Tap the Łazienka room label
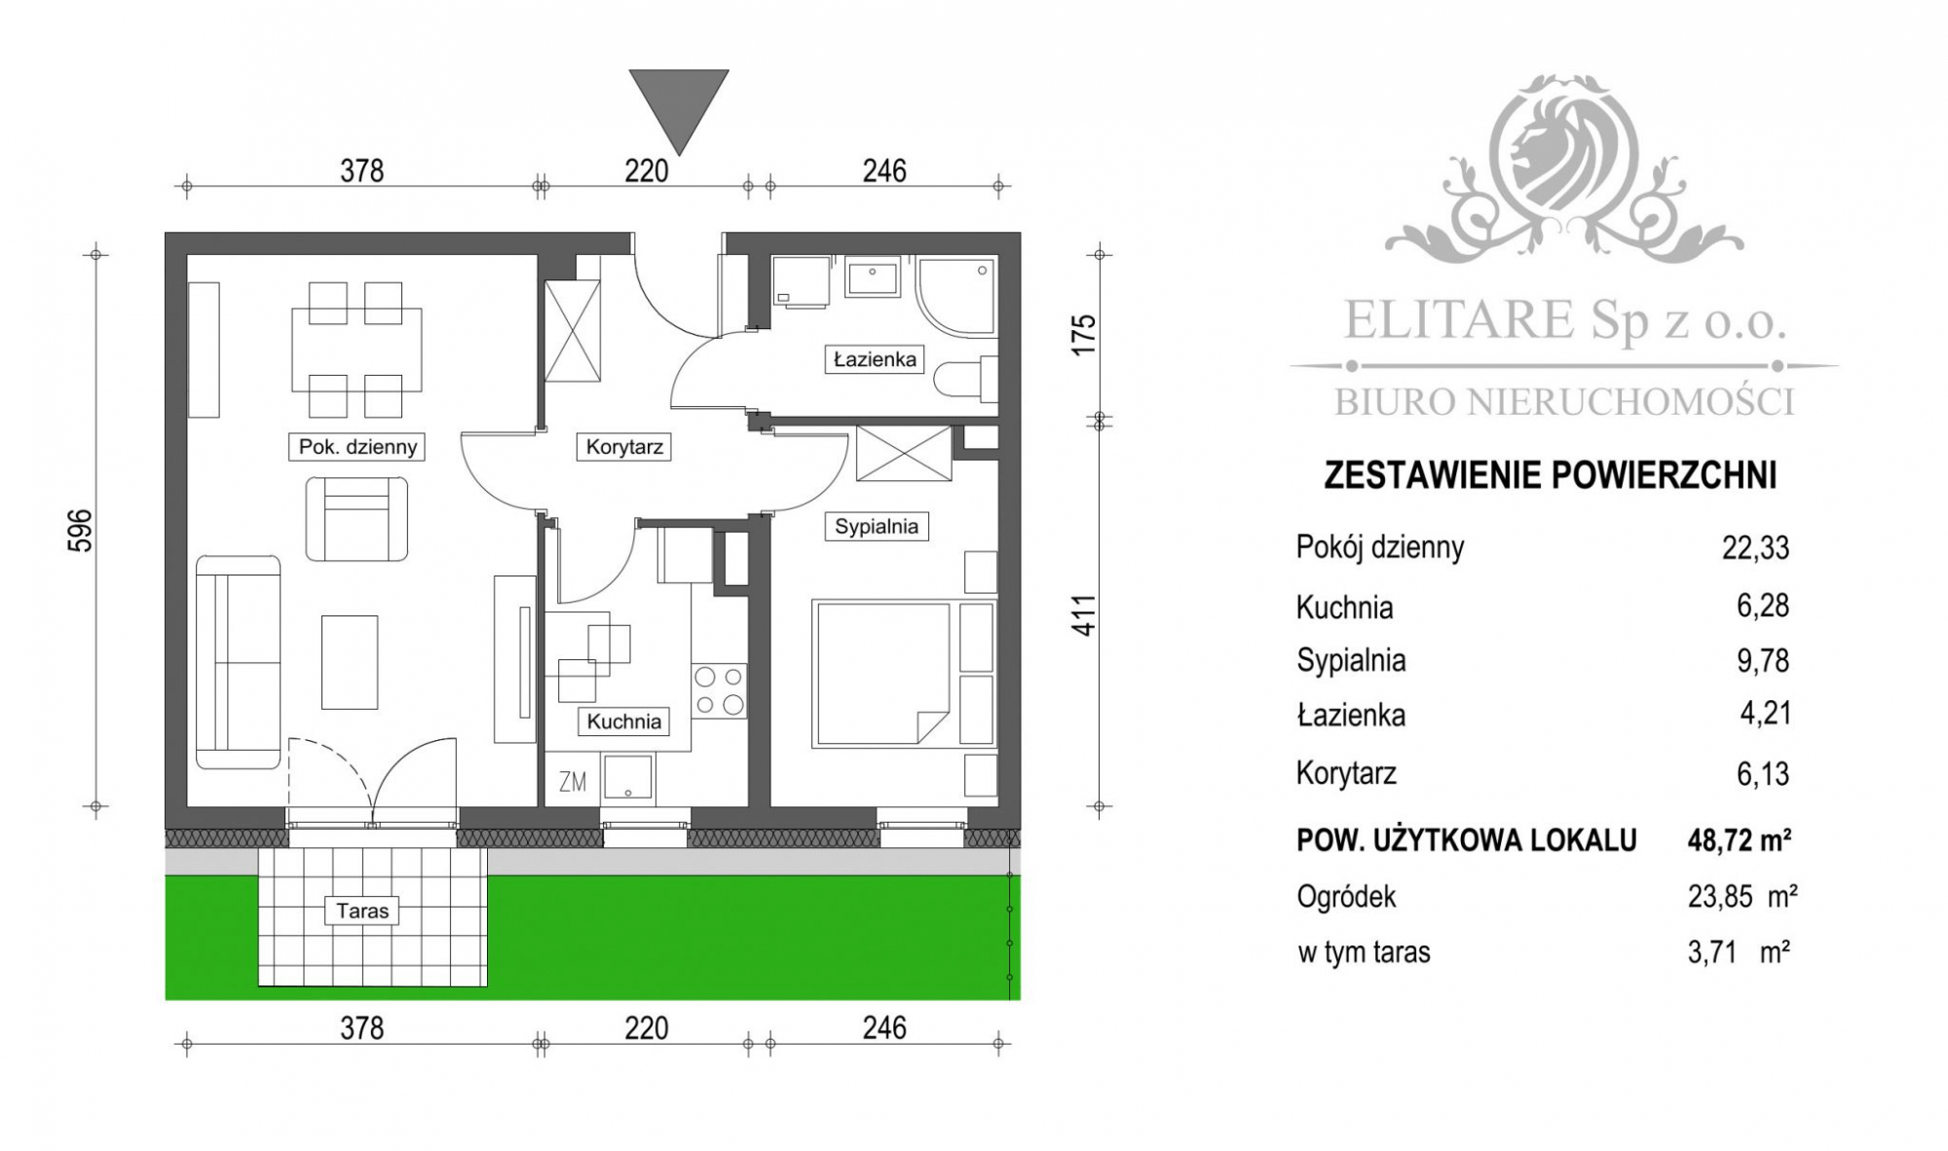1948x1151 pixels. pyautogui.click(x=875, y=359)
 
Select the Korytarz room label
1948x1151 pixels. pyautogui.click(x=624, y=447)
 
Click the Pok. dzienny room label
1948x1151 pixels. pyautogui.click(x=357, y=447)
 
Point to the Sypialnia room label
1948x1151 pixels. pyautogui.click(x=876, y=527)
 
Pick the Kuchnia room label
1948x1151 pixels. pyautogui.click(x=624, y=722)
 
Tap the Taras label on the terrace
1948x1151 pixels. pyautogui.click(x=362, y=911)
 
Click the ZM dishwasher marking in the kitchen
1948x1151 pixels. pyautogui.click(x=573, y=781)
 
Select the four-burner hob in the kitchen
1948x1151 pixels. pyautogui.click(x=719, y=690)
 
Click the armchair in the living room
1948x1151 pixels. pyautogui.click(x=356, y=518)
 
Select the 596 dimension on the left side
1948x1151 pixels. pyautogui.click(x=83, y=530)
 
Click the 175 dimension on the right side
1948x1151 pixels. pyautogui.click(x=1084, y=335)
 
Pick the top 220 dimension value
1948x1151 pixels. pyautogui.click(x=647, y=171)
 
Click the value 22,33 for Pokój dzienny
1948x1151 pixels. pyautogui.click(x=1755, y=547)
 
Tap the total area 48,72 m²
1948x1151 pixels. pyautogui.click(x=1740, y=839)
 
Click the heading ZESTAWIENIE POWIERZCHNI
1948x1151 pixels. pyautogui.click(x=1551, y=475)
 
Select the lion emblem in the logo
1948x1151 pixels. pyautogui.click(x=1563, y=156)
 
